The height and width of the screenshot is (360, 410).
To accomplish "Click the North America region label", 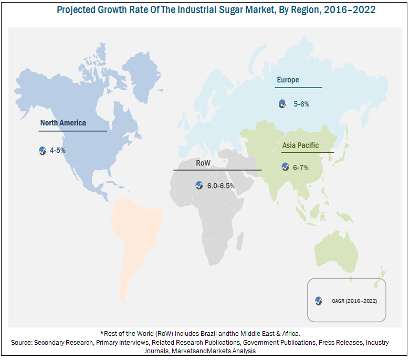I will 63,123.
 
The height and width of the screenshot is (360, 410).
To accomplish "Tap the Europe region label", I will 288,80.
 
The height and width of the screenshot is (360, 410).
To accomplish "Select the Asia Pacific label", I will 300,145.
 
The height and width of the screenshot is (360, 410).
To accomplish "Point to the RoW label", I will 203,163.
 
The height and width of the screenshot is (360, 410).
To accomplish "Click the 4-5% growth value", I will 58,151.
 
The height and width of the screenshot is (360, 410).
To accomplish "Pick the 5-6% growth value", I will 301,104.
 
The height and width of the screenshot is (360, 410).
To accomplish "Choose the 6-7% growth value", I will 301,167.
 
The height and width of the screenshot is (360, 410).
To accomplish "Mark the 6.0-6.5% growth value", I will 221,186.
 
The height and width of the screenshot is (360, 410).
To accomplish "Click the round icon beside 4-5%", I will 43,151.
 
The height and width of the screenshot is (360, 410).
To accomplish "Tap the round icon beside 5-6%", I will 282,104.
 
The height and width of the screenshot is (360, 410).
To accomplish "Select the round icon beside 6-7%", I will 285,167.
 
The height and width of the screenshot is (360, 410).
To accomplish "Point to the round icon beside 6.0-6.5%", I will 199,185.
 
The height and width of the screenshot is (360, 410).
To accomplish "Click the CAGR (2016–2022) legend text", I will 354,301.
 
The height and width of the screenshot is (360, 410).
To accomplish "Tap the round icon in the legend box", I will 318,301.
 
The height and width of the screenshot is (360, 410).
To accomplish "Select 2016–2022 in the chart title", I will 348,10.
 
